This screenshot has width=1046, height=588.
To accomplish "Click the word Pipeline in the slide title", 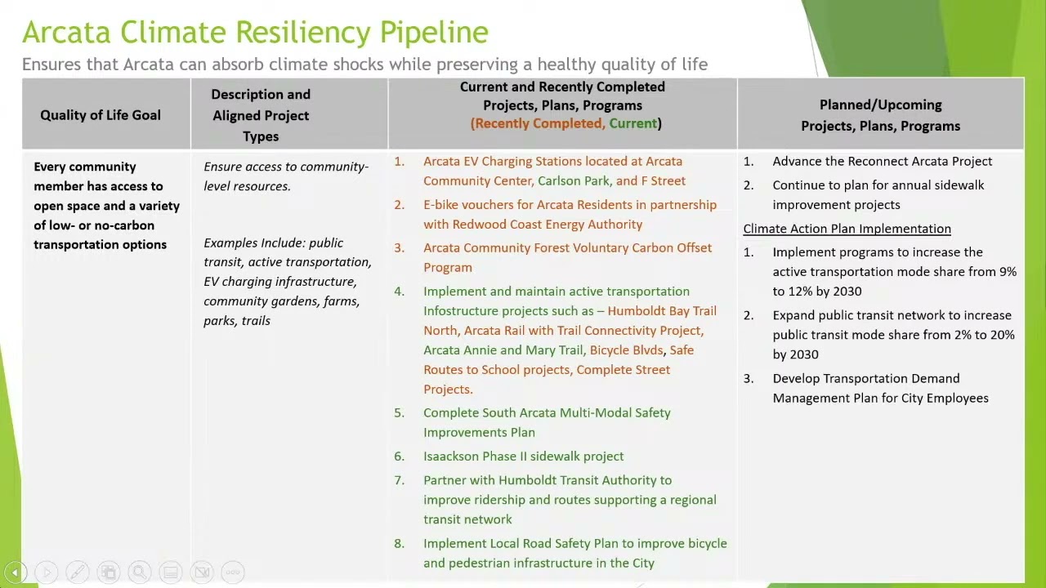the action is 434,33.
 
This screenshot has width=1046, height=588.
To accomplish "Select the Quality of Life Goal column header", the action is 101,115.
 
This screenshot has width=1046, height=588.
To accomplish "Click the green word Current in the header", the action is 633,123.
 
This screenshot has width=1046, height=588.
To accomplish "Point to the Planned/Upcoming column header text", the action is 881,115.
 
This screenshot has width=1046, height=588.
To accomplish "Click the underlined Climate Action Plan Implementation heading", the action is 847,229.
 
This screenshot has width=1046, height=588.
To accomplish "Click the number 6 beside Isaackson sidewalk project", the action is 399,457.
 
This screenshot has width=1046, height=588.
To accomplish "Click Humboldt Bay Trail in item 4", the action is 662,311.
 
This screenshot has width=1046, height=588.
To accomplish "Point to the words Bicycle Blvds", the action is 626,350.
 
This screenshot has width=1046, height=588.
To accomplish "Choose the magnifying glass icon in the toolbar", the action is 139,572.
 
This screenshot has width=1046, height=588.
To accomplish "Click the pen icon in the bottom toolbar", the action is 77,572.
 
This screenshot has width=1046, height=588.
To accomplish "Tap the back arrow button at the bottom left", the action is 15,572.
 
